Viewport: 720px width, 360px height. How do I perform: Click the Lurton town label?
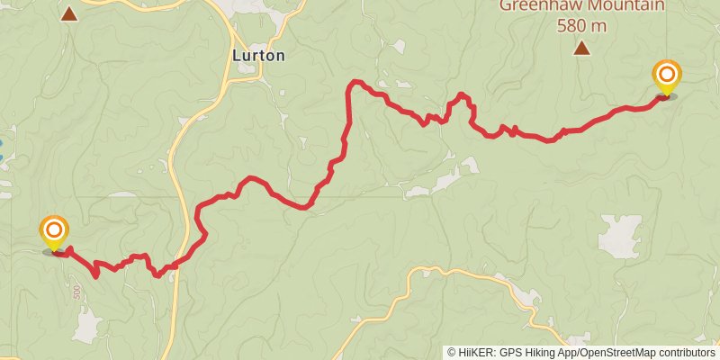pyautogui.click(x=258, y=56)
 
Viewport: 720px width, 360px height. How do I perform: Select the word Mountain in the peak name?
pyautogui.click(x=632, y=5)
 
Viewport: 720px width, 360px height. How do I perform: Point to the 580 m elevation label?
pyautogui.click(x=581, y=25)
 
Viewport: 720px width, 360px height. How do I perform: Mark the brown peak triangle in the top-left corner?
pyautogui.click(x=68, y=13)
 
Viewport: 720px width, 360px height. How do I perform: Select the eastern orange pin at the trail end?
pyautogui.click(x=666, y=76)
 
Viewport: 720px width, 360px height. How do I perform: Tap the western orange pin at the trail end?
pyautogui.click(x=54, y=231)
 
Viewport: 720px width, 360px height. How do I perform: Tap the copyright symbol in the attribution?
pyautogui.click(x=452, y=353)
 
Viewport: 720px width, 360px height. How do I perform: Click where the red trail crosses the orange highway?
pyautogui.click(x=184, y=261)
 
